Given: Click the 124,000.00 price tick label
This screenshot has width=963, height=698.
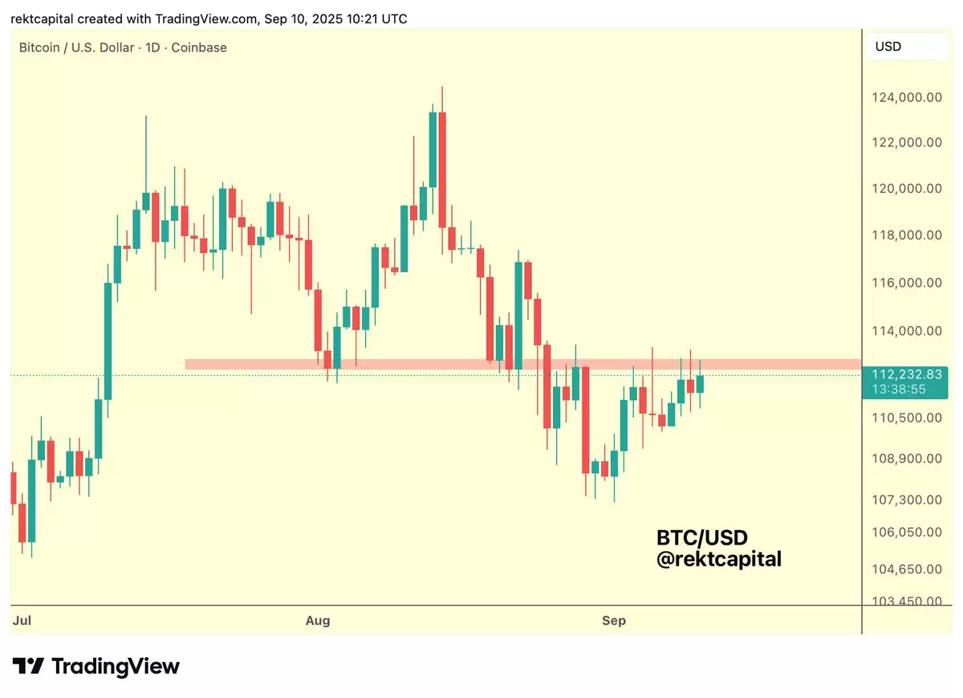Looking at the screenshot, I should tap(907, 97).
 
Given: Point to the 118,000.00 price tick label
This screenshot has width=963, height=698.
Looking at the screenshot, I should tap(907, 235).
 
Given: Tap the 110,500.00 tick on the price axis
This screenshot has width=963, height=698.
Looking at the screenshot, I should tap(907, 418).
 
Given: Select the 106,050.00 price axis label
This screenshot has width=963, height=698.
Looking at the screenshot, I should tap(907, 532).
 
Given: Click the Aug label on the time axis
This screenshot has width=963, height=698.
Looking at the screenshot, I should tap(319, 620).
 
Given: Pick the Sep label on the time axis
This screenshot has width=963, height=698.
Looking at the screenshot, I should tap(614, 620).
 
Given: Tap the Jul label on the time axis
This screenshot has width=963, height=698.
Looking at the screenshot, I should tap(22, 620).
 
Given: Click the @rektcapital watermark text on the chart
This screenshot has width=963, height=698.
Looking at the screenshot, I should tap(718, 559).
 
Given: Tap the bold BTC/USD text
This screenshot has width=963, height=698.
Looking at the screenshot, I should tap(702, 537).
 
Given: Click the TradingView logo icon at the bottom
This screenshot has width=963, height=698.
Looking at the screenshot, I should tap(28, 666).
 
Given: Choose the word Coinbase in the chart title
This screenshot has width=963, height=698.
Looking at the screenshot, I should tap(199, 47).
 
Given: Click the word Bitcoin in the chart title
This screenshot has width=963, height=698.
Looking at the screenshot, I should tap(39, 47).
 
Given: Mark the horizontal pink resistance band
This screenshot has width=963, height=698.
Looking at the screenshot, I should tap(522, 364).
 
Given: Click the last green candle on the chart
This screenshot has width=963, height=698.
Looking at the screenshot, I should tap(700, 384).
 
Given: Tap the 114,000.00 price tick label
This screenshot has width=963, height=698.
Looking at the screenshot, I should tap(907, 331).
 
